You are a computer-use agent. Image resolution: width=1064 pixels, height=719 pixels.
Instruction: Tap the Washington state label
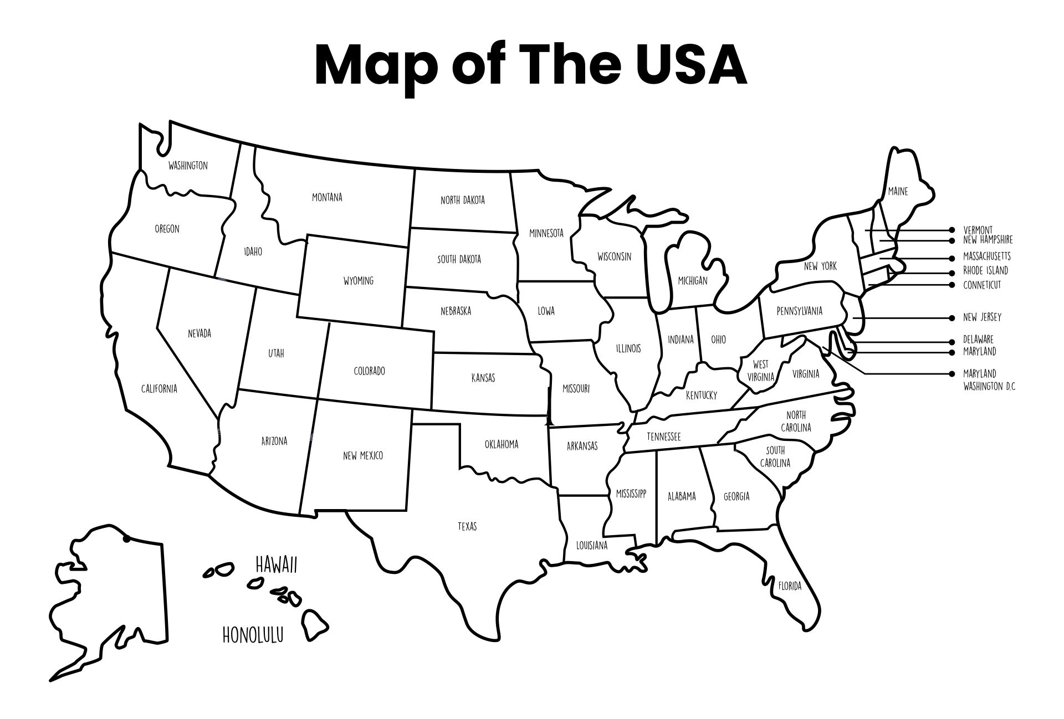[x=188, y=166]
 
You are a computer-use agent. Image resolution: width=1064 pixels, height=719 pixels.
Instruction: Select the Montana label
[x=327, y=197]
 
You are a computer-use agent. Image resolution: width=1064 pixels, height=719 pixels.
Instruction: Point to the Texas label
[x=467, y=526]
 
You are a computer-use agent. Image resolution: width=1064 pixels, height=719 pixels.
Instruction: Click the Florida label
[x=790, y=586]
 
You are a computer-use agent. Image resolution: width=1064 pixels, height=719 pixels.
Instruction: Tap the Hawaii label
[x=277, y=565]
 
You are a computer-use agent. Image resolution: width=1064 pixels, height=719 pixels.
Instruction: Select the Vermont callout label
[x=978, y=230]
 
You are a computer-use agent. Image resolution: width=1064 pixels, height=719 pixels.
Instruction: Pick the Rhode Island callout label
[x=985, y=271]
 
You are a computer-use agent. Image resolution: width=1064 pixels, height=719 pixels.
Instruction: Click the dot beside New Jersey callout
[x=952, y=318]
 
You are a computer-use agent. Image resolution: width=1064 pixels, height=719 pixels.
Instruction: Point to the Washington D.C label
[x=989, y=386]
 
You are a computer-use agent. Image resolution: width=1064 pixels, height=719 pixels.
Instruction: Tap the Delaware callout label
[x=978, y=339]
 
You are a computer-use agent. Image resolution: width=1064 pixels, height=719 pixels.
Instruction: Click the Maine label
[x=898, y=192]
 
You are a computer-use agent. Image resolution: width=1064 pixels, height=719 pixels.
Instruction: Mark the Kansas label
[x=483, y=378]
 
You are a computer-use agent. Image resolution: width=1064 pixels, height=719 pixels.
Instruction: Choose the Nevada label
[x=199, y=333]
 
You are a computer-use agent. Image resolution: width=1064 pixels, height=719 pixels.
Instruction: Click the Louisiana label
[x=592, y=545]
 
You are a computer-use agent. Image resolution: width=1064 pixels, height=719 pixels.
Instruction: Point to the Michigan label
[x=693, y=281]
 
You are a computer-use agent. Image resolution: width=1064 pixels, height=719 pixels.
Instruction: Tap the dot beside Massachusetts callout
[x=952, y=258]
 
